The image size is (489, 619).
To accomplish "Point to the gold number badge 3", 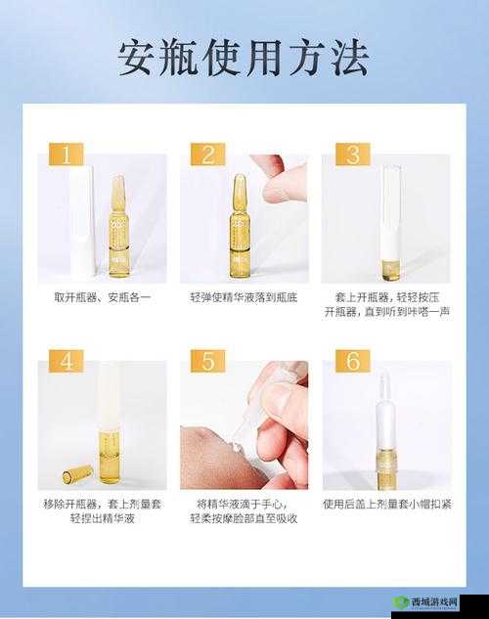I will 352,155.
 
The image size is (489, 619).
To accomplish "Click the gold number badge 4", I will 65,362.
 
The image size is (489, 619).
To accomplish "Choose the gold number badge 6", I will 352,362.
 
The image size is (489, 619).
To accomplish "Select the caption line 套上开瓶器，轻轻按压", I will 387,296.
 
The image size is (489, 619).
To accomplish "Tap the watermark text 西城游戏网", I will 438,600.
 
